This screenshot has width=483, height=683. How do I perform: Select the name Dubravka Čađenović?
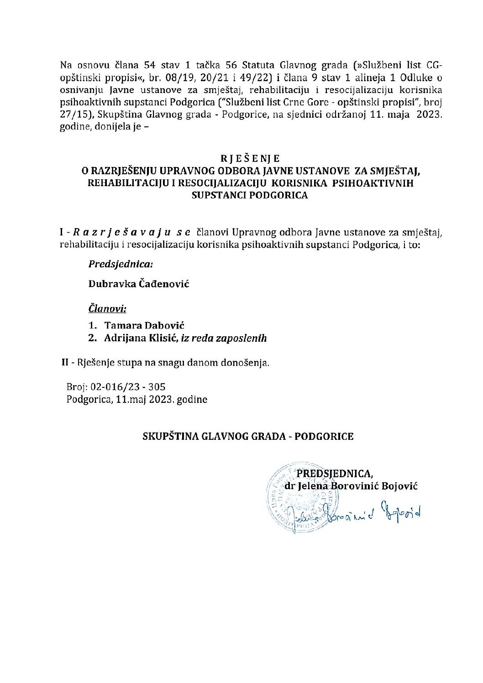pyautogui.click(x=139, y=284)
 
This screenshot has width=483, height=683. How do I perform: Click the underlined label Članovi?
pyautogui.click(x=107, y=309)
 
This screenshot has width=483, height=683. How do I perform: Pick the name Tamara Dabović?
pyautogui.click(x=144, y=325)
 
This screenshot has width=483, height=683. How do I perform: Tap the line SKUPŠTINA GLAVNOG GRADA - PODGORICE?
pyautogui.click(x=248, y=436)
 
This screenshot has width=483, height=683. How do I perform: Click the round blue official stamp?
pyautogui.click(x=294, y=497)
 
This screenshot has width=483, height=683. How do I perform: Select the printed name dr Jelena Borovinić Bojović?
pyautogui.click(x=351, y=486)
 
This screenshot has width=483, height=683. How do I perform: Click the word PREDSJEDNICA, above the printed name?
pyautogui.click(x=335, y=474)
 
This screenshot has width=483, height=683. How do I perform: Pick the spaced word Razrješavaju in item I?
pyautogui.click(x=121, y=233)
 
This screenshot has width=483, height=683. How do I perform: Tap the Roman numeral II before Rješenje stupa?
pyautogui.click(x=65, y=363)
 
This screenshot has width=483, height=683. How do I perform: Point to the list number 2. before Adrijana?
pyautogui.click(x=93, y=338)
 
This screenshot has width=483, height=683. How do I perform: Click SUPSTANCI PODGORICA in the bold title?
pyautogui.click(x=250, y=195)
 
